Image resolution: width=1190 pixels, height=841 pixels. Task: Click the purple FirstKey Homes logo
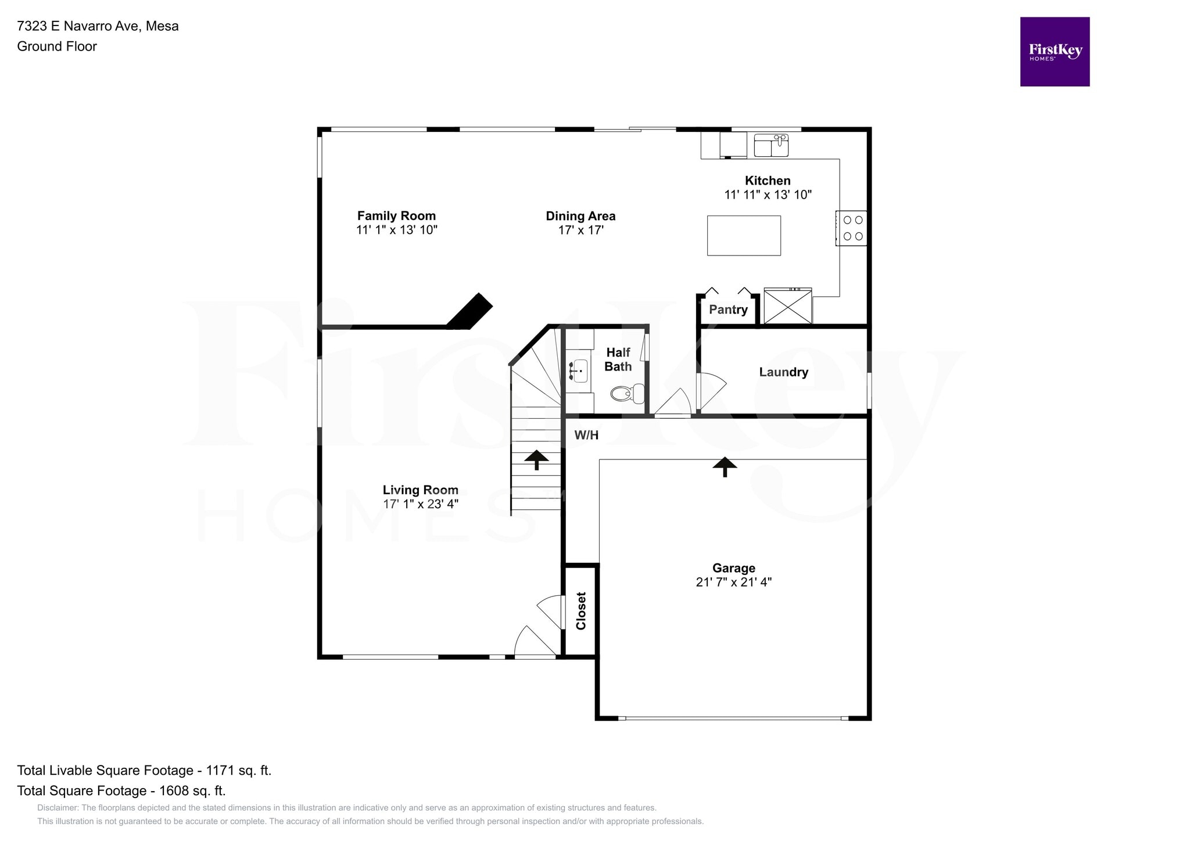pyautogui.click(x=1055, y=52)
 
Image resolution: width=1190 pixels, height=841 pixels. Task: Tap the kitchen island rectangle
pyautogui.click(x=743, y=235)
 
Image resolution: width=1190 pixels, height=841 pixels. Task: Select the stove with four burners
pyautogui.click(x=852, y=228)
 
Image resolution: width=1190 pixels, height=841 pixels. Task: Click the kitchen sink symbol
pyautogui.click(x=771, y=145)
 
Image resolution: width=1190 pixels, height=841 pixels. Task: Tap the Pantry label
pyautogui.click(x=728, y=310)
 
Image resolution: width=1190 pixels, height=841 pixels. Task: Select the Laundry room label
pyautogui.click(x=783, y=372)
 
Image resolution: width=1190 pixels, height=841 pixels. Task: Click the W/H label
pyautogui.click(x=586, y=435)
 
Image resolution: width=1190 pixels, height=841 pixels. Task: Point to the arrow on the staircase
pyautogui.click(x=536, y=459)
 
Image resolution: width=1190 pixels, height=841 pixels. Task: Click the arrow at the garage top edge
pyautogui.click(x=725, y=466)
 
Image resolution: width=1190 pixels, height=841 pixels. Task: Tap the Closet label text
pyautogui.click(x=581, y=611)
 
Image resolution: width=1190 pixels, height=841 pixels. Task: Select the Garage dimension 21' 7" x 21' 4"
pyautogui.click(x=733, y=582)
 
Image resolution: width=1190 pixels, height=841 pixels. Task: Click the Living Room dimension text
pyautogui.click(x=421, y=504)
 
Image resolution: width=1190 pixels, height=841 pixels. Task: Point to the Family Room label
pyautogui.click(x=396, y=216)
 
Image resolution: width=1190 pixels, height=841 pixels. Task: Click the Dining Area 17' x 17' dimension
pyautogui.click(x=580, y=230)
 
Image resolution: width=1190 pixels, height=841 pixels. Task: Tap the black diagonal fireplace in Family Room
pyautogui.click(x=469, y=312)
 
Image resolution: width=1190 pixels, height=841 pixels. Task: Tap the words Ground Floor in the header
pyautogui.click(x=57, y=46)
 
